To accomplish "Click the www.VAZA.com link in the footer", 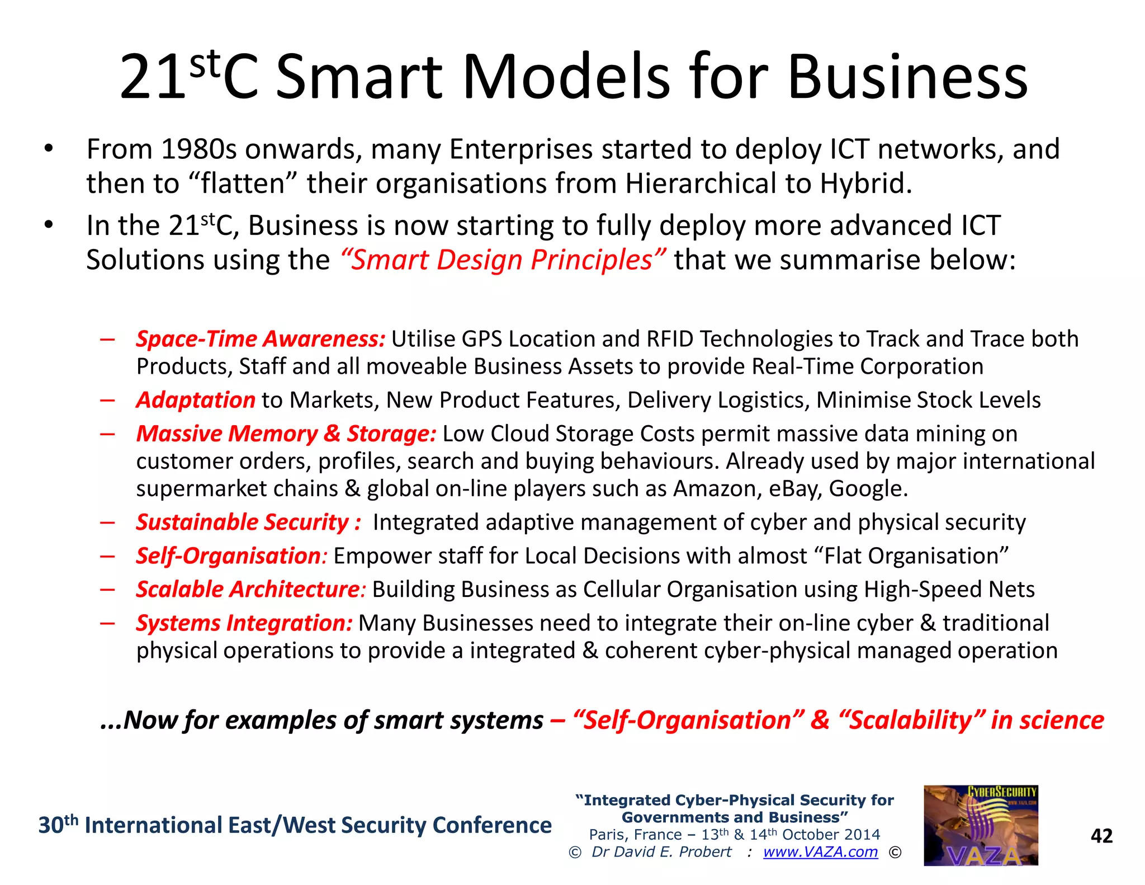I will coord(820,851).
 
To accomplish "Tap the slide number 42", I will coord(1101,835).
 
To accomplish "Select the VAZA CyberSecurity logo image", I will coord(981,825).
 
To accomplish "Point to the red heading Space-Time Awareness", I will coord(261,339).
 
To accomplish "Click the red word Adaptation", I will coord(196,400).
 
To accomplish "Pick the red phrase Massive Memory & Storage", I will coord(286,434).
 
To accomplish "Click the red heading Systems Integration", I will coord(244,623).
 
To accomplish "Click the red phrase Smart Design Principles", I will coord(502,260).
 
